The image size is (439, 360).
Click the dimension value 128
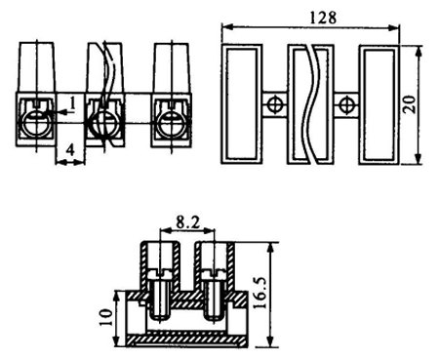point(323,18)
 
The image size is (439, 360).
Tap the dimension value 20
point(409,104)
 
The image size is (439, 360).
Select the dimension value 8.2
point(188,222)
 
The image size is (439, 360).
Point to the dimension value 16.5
point(260,293)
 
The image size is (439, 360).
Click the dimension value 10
point(106,317)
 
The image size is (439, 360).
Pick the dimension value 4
point(70,150)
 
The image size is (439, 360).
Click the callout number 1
point(72,103)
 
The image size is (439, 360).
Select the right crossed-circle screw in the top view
point(346,104)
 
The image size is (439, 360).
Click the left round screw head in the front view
point(36,123)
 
